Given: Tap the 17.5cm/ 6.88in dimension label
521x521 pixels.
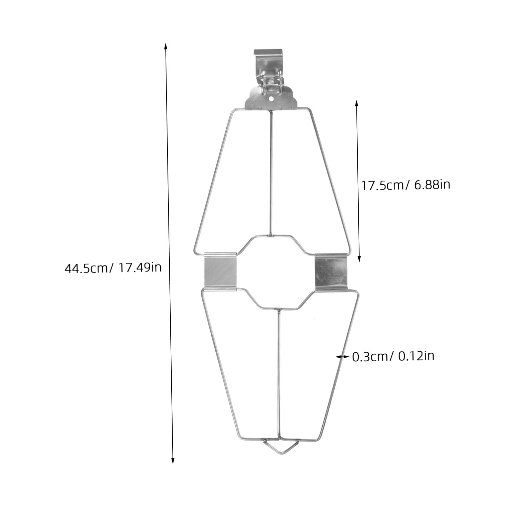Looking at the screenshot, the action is pos(406,185).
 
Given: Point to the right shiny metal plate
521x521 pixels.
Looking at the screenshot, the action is pos(331,272).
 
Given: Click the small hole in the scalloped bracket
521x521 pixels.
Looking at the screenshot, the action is pos(271,99).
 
